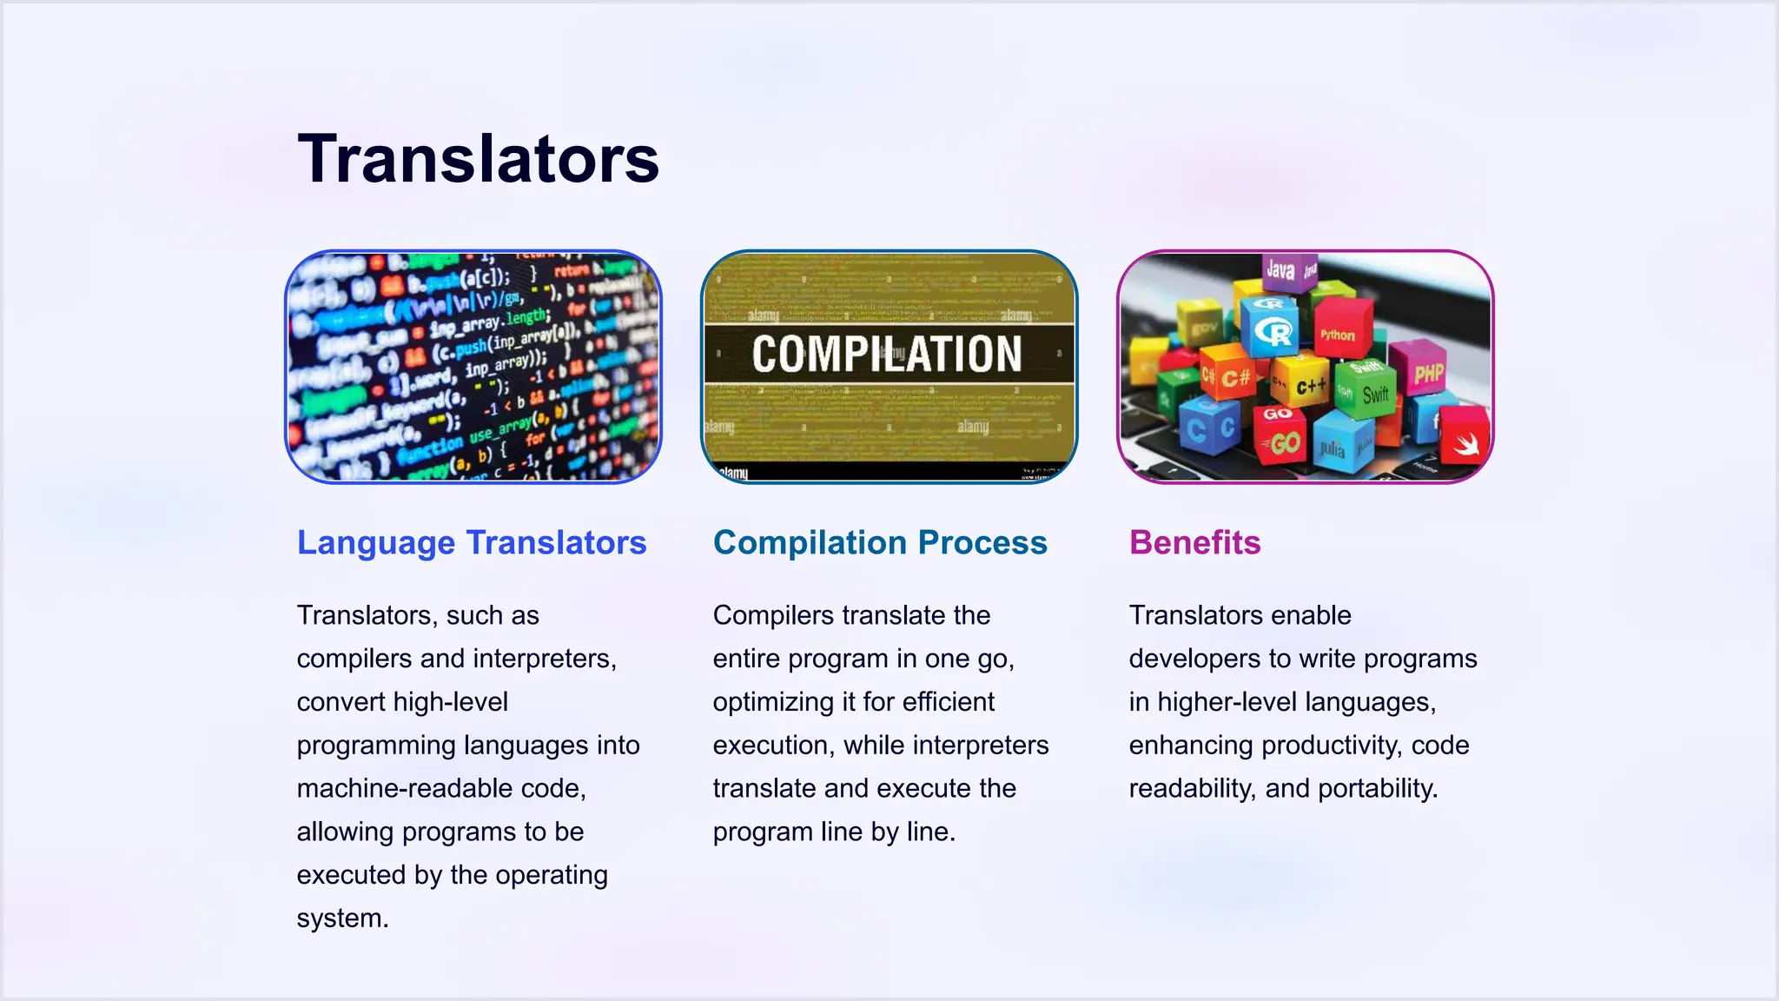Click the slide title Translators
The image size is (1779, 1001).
(x=478, y=159)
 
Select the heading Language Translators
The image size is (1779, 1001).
(x=472, y=542)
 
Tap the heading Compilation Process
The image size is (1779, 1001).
(x=880, y=542)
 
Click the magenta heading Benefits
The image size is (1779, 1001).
(x=1194, y=542)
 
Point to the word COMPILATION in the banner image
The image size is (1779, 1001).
(x=887, y=354)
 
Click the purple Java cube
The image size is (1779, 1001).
(x=1280, y=271)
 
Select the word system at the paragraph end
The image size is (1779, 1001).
(x=342, y=918)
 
